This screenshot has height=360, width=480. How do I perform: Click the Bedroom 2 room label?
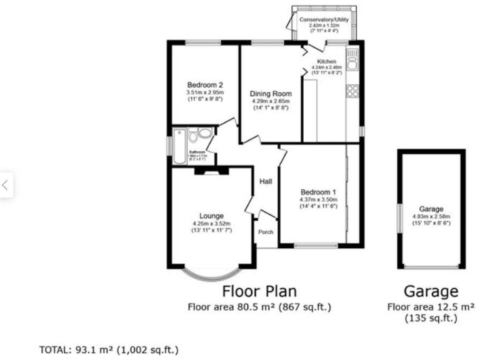click(205, 85)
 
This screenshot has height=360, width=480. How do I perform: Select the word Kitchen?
click(327, 61)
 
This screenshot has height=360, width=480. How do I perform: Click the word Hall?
click(266, 182)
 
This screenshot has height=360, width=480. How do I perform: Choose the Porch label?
click(266, 232)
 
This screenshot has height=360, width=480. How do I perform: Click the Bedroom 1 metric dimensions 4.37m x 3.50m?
click(319, 199)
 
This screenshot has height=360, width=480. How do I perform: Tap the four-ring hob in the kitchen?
click(352, 91)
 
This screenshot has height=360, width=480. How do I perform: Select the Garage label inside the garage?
click(431, 209)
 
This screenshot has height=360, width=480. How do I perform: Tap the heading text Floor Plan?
click(259, 291)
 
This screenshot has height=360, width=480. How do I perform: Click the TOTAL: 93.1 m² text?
click(110, 349)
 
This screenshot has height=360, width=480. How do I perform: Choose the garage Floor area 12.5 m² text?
click(431, 306)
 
